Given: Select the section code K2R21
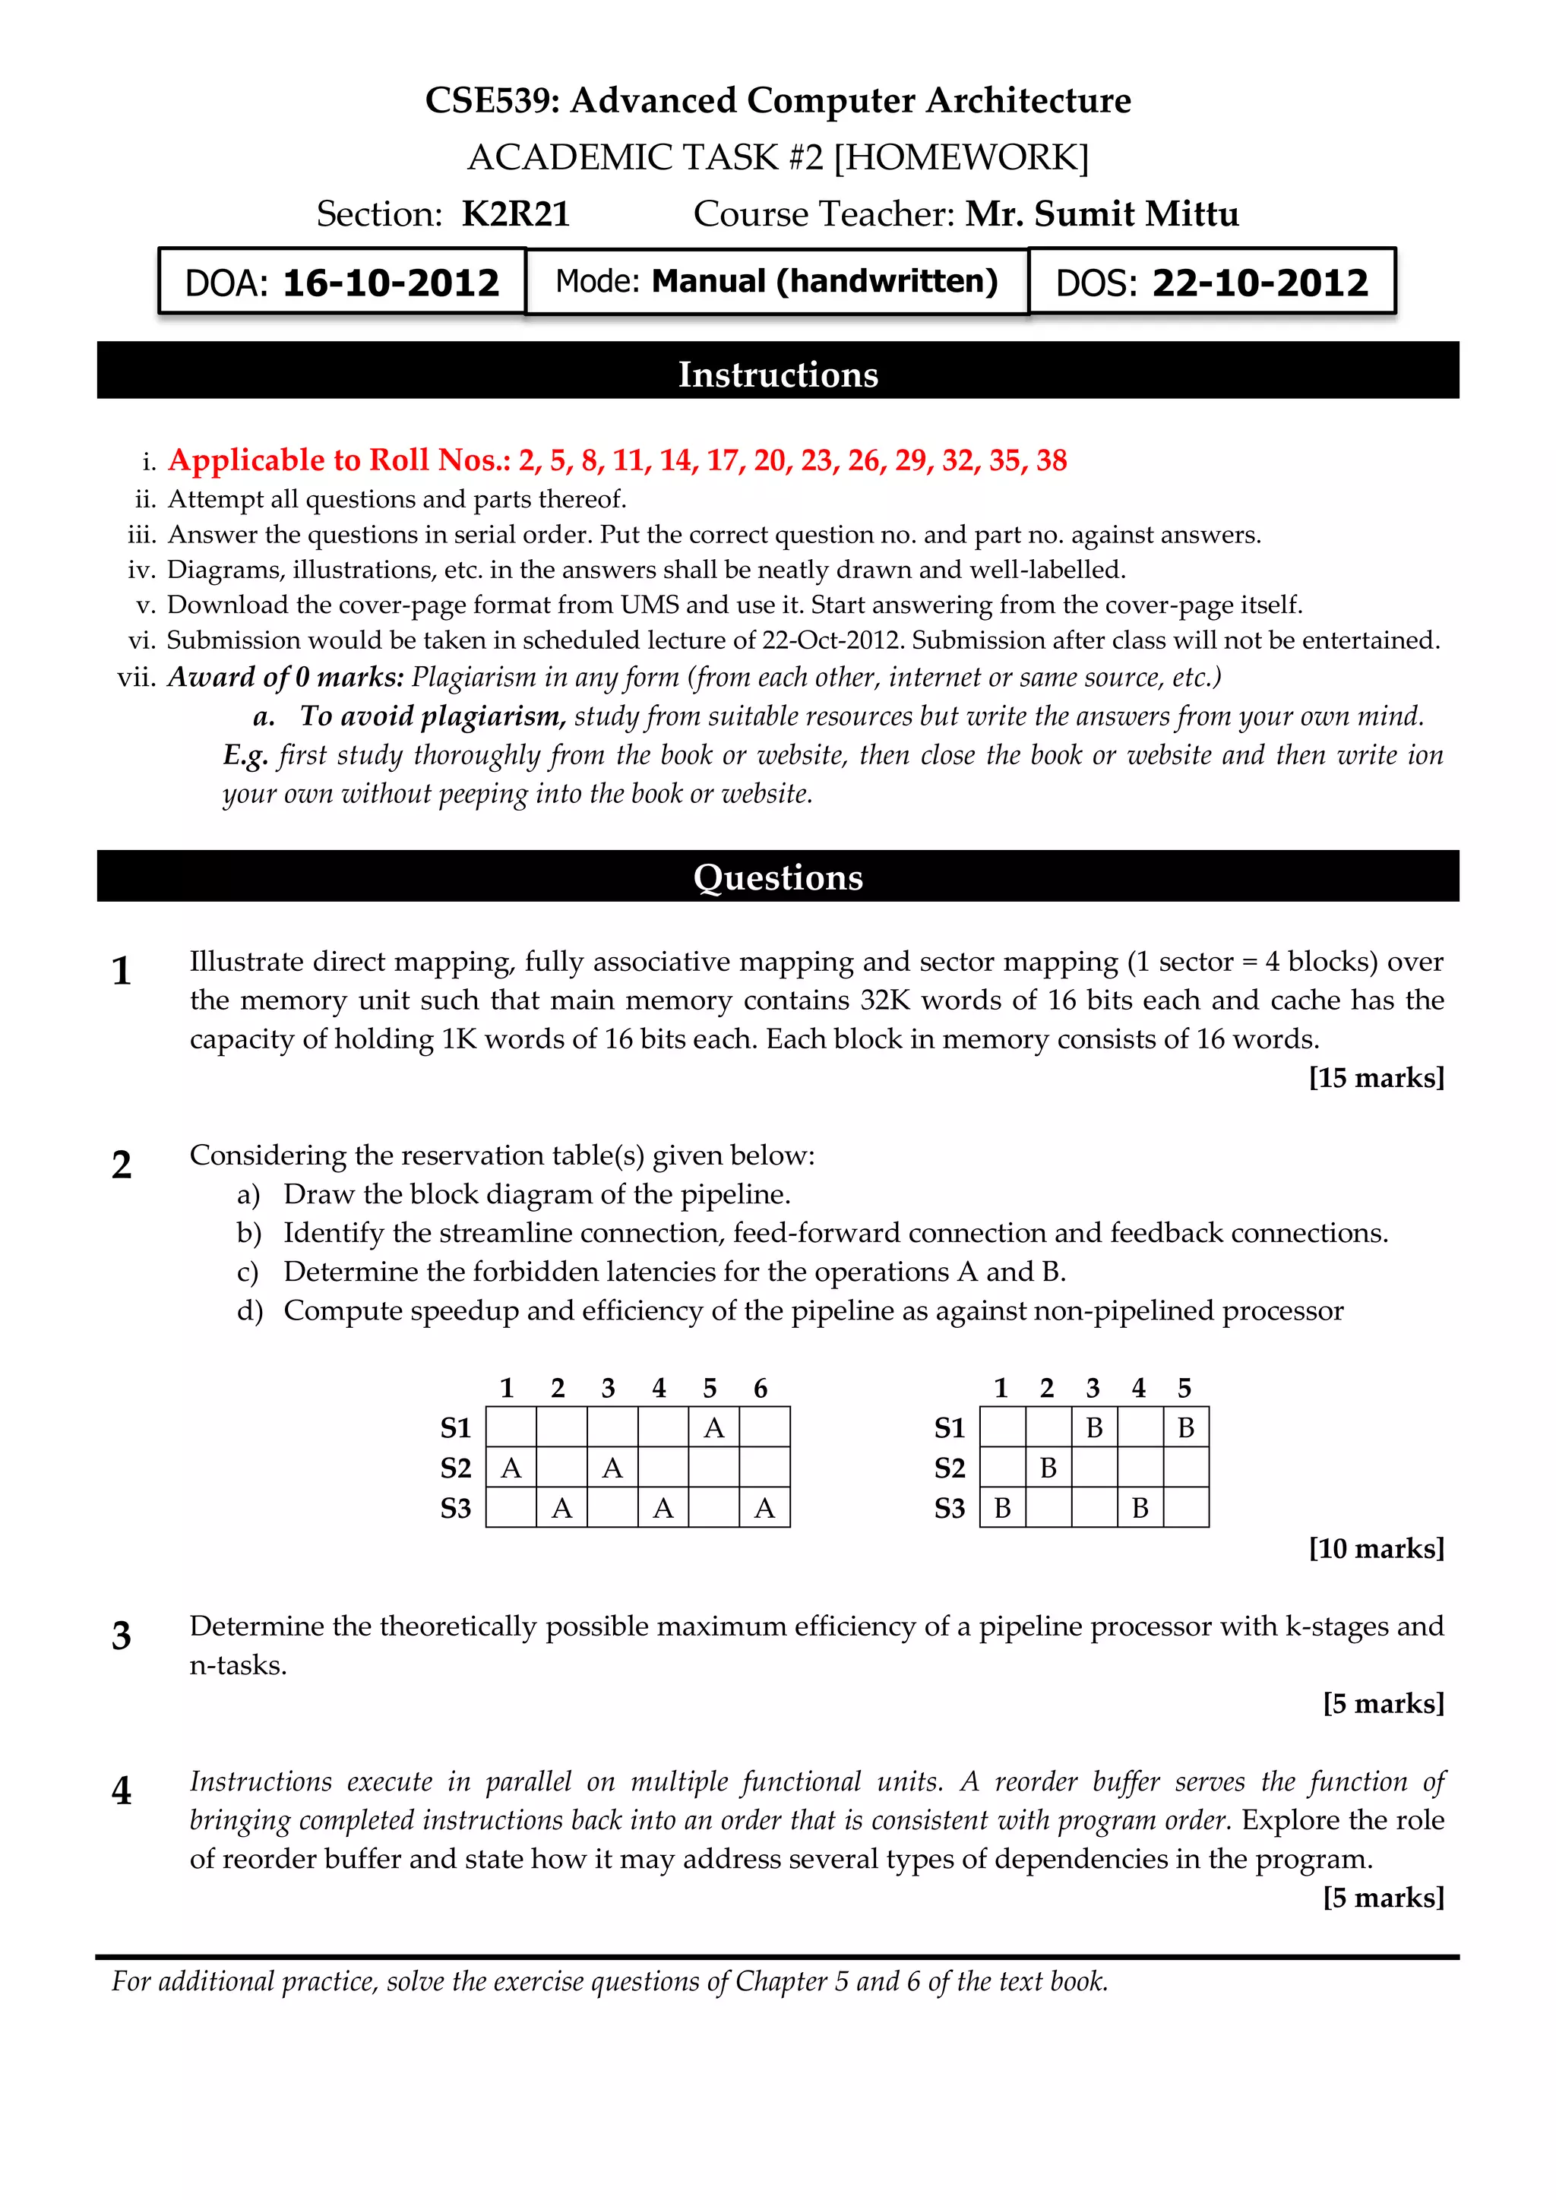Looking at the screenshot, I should click(x=515, y=213).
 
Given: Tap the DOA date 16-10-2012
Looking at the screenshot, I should click(x=391, y=283).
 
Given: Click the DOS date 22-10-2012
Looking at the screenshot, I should click(x=1259, y=283).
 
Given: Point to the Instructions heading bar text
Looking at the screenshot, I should click(x=778, y=374).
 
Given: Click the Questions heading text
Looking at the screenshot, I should click(x=778, y=877).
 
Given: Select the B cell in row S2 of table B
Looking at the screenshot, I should click(x=1048, y=1468).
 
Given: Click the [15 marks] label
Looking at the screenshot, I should click(x=1376, y=1078).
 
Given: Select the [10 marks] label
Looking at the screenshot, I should click(x=1376, y=1548).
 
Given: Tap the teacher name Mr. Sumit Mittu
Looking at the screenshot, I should click(x=1102, y=213).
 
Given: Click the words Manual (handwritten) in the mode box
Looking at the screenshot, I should click(x=824, y=282).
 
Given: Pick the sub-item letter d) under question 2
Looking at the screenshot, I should click(x=249, y=1310).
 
